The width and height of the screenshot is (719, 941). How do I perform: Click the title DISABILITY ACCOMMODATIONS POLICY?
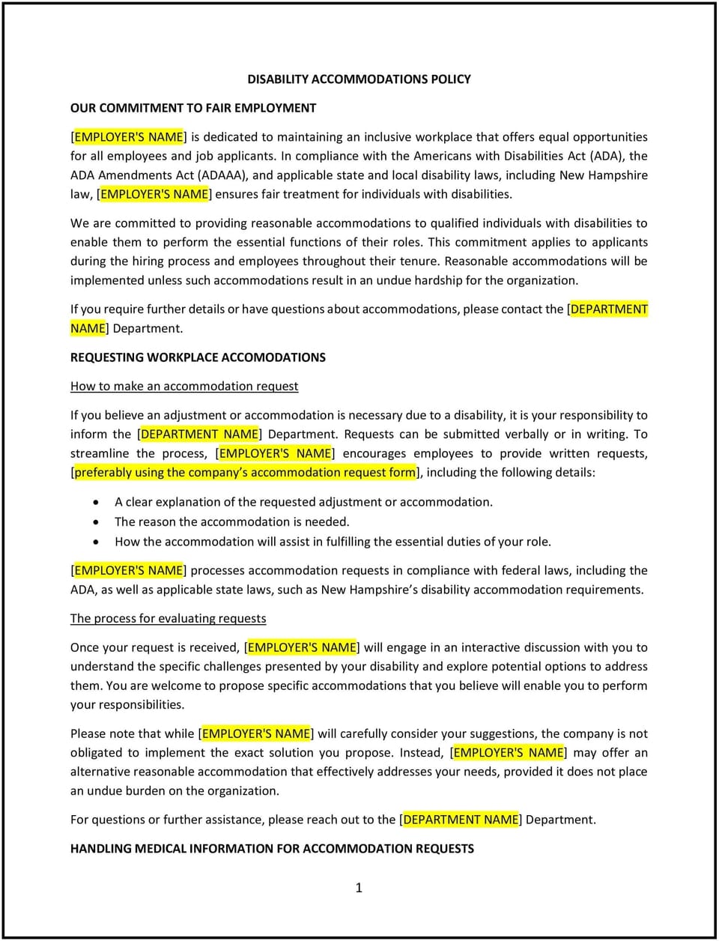tap(359, 79)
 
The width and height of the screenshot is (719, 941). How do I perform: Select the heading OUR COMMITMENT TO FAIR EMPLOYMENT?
tap(193, 108)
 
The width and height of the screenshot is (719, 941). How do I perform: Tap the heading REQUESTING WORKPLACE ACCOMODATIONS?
tap(198, 357)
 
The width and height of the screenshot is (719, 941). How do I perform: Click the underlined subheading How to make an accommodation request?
tap(184, 386)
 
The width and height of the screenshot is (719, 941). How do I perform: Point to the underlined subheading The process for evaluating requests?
tap(168, 618)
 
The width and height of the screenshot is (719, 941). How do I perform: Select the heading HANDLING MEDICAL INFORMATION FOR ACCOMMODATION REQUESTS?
tap(272, 848)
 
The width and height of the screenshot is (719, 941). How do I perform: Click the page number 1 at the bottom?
tap(359, 888)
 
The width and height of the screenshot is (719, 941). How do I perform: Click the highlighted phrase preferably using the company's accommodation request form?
tap(245, 472)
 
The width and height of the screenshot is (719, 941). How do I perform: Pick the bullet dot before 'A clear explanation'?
tap(95, 502)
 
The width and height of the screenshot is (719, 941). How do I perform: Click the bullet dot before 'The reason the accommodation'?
tap(95, 522)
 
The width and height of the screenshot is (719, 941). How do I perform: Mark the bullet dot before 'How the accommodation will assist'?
tap(95, 542)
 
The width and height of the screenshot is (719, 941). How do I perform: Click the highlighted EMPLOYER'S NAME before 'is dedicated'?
tap(129, 137)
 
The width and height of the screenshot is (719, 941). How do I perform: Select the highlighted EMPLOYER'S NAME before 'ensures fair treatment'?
tap(154, 194)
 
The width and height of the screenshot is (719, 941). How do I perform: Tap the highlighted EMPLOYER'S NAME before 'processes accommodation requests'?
tap(129, 570)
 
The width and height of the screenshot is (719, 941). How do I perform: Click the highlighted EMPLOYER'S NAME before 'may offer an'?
tap(509, 752)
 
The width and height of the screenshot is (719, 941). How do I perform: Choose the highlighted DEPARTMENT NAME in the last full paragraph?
tap(461, 820)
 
